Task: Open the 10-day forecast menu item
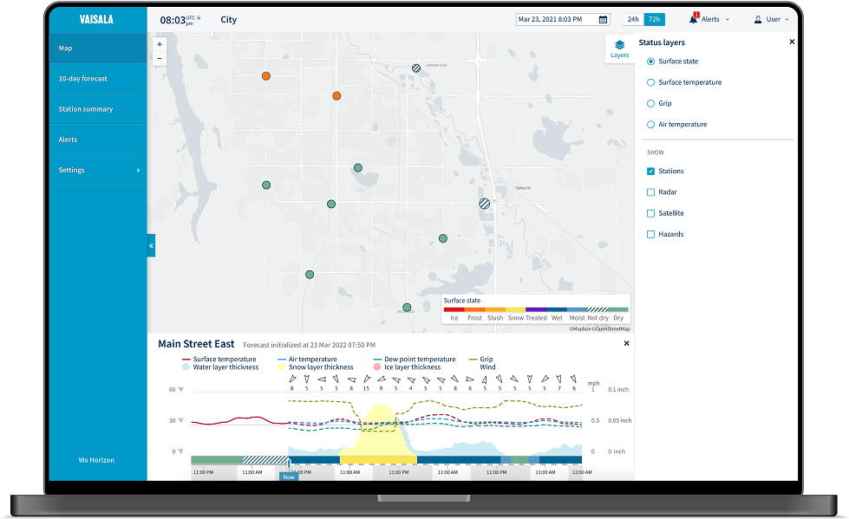pos(83,79)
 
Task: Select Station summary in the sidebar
pos(86,109)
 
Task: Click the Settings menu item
pos(72,171)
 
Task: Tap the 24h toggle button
pos(634,19)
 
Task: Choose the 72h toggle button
pos(655,19)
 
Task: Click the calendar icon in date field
pos(604,20)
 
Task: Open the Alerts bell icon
pos(694,19)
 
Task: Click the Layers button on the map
pos(619,49)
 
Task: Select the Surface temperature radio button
pos(651,82)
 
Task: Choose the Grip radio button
pos(651,103)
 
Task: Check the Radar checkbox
pos(651,192)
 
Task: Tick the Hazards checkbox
pos(651,234)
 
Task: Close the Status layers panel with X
pos(792,42)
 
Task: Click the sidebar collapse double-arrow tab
pos(151,246)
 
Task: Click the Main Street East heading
pos(196,344)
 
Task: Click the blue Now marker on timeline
pos(289,477)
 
